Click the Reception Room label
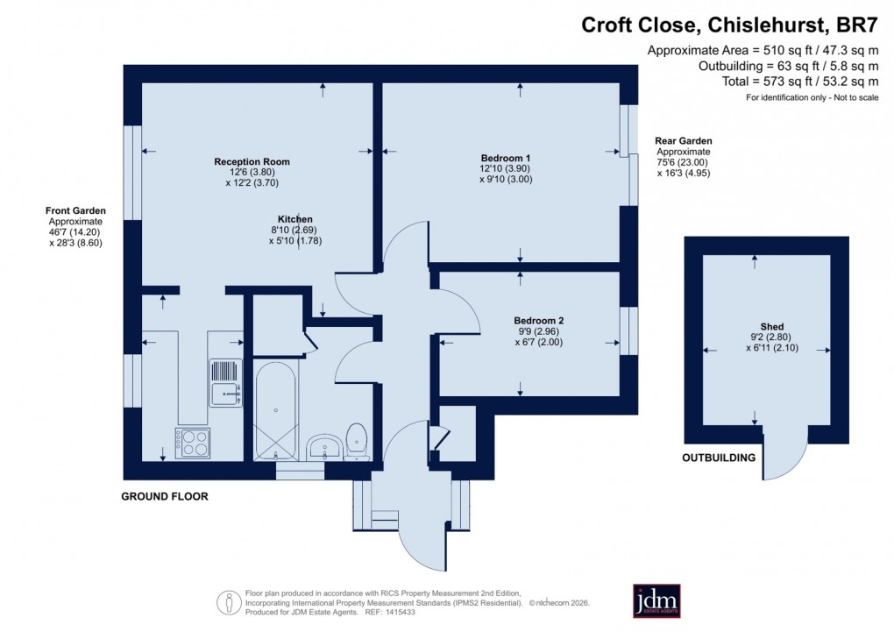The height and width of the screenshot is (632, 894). (x=252, y=161)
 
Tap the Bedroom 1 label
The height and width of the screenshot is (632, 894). (x=506, y=158)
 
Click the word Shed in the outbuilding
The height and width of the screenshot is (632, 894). (x=754, y=326)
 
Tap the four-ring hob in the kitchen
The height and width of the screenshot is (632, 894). (x=192, y=443)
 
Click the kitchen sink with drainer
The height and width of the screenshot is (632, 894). (x=225, y=384)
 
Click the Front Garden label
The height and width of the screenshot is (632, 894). (x=76, y=210)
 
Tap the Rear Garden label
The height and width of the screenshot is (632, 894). (x=684, y=140)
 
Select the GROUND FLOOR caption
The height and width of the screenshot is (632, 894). (x=164, y=496)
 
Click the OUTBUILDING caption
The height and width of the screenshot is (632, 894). (x=719, y=458)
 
